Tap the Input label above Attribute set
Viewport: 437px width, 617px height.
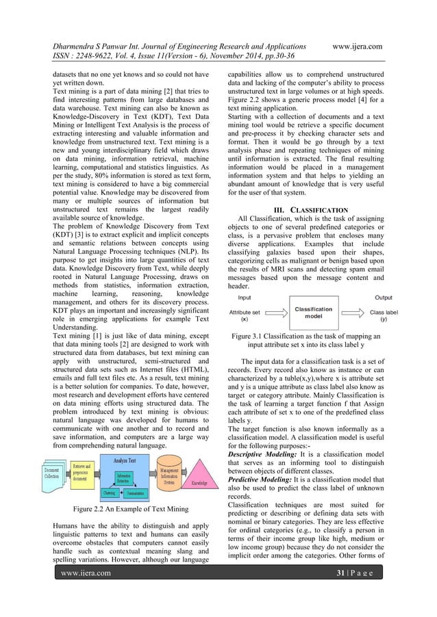(243, 298)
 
